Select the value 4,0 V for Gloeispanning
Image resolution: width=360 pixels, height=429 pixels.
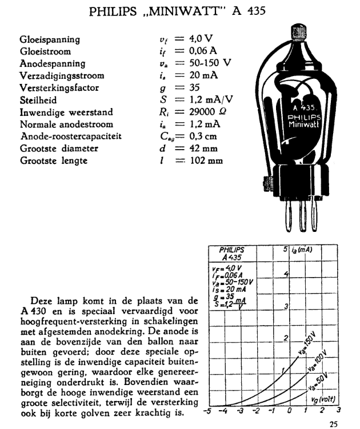201,39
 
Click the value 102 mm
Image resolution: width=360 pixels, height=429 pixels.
207,161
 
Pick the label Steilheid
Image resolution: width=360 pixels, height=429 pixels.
37,99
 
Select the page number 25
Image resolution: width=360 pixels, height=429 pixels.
334,423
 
